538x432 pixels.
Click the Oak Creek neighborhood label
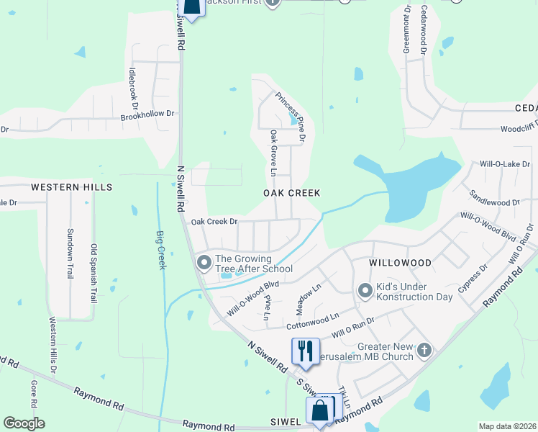point(291,193)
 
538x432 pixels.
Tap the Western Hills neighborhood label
point(72,187)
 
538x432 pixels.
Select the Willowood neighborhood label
point(400,264)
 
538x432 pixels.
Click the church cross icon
point(424,350)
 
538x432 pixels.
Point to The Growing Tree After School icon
point(204,261)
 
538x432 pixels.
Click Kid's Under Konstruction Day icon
point(365,290)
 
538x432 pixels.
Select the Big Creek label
point(161,249)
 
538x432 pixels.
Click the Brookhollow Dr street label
point(147,114)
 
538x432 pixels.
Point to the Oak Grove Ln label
point(273,153)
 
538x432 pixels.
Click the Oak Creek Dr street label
point(214,222)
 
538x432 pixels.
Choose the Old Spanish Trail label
point(94,273)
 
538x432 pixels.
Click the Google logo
point(24,423)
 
